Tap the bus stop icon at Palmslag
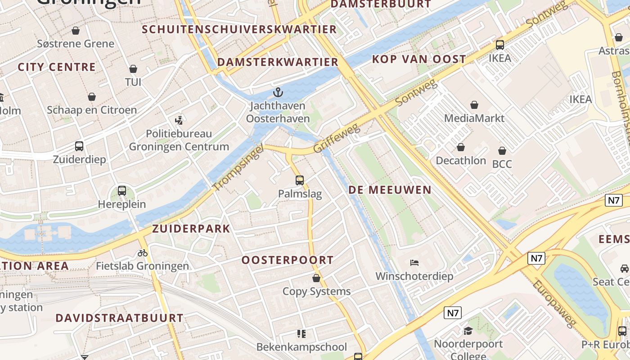pyautogui.click(x=300, y=180)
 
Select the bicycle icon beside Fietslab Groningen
pyautogui.click(x=143, y=253)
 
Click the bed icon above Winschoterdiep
pyautogui.click(x=414, y=263)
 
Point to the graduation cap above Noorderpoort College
pyautogui.click(x=468, y=331)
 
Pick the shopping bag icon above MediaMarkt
pyautogui.click(x=474, y=105)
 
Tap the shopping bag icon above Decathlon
pyautogui.click(x=461, y=148)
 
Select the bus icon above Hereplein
pyautogui.click(x=122, y=191)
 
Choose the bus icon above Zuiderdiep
pyautogui.click(x=79, y=146)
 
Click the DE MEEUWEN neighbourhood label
pyautogui.click(x=390, y=190)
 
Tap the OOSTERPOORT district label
pyautogui.click(x=288, y=260)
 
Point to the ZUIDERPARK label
pyautogui.click(x=191, y=229)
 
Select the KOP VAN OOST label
pyautogui.click(x=419, y=59)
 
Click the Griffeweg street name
pyautogui.click(x=337, y=139)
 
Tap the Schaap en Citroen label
pyautogui.click(x=92, y=110)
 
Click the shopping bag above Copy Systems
pyautogui.click(x=316, y=278)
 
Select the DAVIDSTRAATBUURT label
pyautogui.click(x=119, y=318)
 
